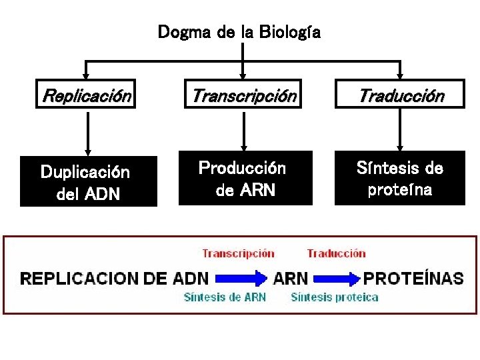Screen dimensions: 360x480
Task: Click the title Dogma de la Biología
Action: tap(239, 32)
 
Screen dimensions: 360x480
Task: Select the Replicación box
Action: tap(87, 95)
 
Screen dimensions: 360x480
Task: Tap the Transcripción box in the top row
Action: tap(243, 95)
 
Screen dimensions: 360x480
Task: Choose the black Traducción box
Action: tap(400, 95)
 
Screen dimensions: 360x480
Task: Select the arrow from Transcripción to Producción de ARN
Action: tap(243, 130)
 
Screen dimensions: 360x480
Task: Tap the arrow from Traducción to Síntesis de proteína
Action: tap(400, 130)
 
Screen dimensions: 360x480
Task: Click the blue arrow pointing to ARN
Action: tap(241, 278)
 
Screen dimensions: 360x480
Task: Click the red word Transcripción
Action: tap(238, 253)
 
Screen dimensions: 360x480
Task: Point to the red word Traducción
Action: tap(336, 253)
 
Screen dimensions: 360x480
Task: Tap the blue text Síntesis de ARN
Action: tap(225, 297)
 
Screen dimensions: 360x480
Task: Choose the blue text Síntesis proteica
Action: tap(335, 297)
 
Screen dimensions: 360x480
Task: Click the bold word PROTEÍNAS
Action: tap(413, 278)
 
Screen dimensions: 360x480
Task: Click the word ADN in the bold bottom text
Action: tap(190, 278)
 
